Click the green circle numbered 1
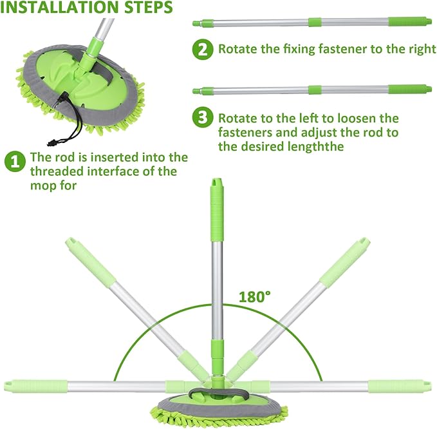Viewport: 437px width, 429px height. (15, 162)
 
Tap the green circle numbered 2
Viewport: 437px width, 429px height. (203, 50)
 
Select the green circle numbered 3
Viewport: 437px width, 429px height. (203, 117)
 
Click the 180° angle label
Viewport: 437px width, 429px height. (255, 296)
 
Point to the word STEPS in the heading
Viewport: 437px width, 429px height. (148, 7)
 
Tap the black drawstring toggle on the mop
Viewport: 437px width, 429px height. (52, 143)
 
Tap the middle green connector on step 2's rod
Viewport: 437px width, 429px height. (315, 23)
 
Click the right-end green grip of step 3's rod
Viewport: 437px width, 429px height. (410, 90)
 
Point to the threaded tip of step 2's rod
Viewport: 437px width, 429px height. (197, 23)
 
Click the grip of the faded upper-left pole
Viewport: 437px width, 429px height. (91, 261)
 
